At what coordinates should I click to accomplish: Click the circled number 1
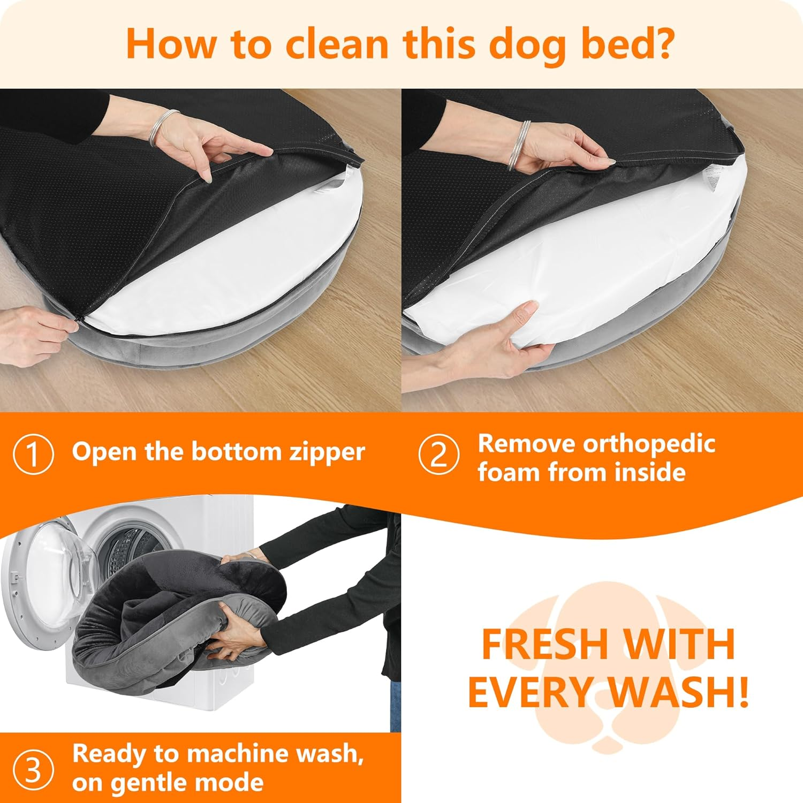pyautogui.click(x=33, y=454)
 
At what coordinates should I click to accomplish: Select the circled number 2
pyautogui.click(x=438, y=454)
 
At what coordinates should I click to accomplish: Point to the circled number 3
pyautogui.click(x=33, y=770)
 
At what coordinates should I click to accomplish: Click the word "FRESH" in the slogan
pyautogui.click(x=544, y=645)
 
